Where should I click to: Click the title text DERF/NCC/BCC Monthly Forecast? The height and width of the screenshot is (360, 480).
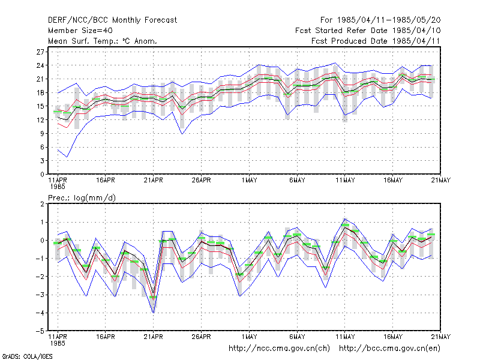(112, 20)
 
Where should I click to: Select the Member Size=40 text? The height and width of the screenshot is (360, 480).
(80, 31)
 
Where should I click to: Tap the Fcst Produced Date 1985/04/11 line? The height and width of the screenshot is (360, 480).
(376, 41)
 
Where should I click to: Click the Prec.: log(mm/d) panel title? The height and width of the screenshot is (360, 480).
(82, 198)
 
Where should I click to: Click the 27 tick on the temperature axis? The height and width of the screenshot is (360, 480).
(40, 52)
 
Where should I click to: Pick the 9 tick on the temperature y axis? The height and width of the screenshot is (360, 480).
(42, 133)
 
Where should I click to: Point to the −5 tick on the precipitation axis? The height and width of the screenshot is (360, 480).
(40, 331)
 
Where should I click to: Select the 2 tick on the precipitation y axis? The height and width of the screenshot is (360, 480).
(42, 204)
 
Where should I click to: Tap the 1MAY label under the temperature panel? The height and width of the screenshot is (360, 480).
(249, 181)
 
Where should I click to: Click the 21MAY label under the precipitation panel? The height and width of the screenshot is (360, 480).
(441, 337)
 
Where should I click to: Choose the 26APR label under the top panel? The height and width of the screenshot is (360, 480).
(201, 181)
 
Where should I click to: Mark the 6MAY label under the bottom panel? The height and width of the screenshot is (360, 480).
(297, 337)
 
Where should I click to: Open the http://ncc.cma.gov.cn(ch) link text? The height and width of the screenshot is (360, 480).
(279, 349)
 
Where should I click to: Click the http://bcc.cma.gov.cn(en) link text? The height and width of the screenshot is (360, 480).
(389, 349)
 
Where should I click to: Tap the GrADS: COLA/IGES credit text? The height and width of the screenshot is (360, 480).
(27, 356)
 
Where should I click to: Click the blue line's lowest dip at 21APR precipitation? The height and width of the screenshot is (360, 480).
(154, 313)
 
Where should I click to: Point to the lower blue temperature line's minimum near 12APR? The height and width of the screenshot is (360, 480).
(67, 157)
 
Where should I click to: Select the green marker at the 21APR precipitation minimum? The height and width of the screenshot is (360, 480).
(153, 297)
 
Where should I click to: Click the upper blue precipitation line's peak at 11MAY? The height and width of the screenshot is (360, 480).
(344, 218)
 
